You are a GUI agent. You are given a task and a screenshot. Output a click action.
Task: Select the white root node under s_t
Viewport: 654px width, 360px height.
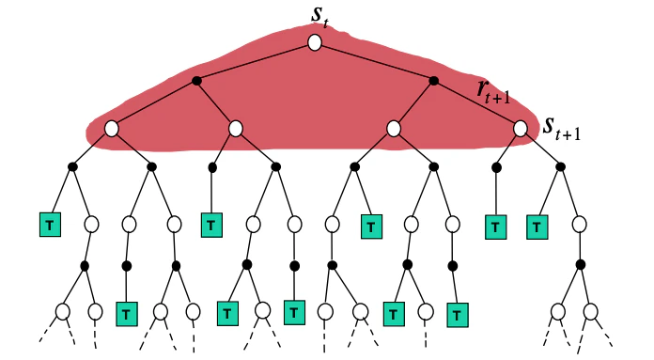(x=315, y=43)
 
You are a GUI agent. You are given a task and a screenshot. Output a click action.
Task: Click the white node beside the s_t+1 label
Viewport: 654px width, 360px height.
(x=522, y=128)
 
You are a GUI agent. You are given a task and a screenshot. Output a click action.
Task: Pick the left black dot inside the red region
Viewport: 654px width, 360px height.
(x=196, y=81)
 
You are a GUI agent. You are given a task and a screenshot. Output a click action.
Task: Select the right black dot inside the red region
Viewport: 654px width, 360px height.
(x=433, y=81)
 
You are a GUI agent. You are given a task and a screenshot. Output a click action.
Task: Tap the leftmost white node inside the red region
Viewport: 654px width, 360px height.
(x=111, y=128)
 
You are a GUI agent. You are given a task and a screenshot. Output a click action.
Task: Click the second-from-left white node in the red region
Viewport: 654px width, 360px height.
(x=236, y=128)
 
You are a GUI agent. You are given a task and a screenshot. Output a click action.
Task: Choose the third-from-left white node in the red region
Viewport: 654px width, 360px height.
(x=394, y=128)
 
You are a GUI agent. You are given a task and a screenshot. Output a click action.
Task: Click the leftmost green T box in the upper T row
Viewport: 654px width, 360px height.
(x=48, y=226)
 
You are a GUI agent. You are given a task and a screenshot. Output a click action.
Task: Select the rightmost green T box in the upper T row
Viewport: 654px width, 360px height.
(x=537, y=226)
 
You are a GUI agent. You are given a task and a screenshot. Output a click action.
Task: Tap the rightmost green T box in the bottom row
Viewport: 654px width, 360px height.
(x=456, y=312)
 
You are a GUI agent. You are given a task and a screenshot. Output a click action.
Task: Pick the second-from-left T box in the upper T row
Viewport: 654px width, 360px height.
(x=211, y=226)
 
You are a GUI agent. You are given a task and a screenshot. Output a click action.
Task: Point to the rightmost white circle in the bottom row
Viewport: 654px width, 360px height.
(x=590, y=311)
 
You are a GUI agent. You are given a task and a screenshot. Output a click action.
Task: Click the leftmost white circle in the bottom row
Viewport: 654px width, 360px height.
(x=63, y=311)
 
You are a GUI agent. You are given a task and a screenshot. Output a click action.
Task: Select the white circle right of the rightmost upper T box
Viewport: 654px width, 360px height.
(x=580, y=225)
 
